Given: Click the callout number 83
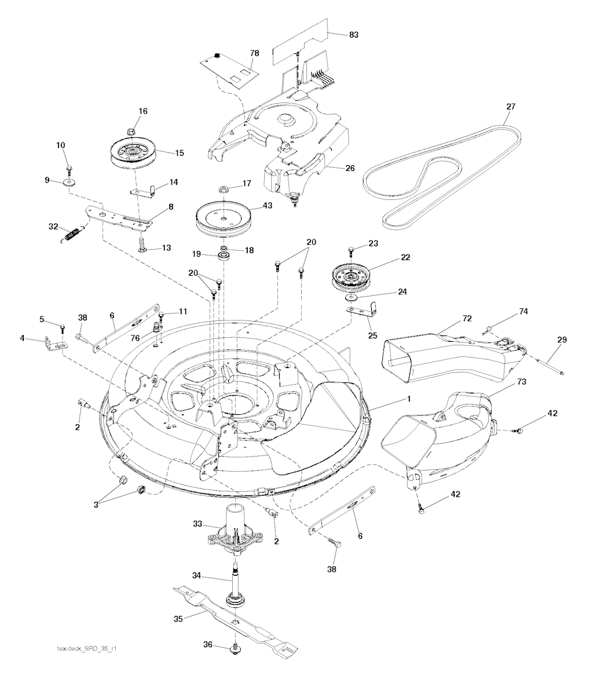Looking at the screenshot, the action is click(353, 35).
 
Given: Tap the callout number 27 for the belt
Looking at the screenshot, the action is click(511, 106).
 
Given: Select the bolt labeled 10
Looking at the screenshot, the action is click(69, 167).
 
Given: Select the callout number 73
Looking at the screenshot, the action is click(521, 381).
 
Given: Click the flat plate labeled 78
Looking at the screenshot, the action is click(229, 70).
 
